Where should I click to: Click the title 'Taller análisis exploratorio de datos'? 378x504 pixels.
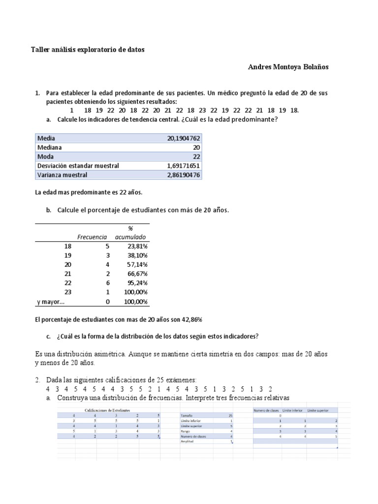tap(88, 50)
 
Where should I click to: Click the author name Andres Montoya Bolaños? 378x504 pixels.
tap(287, 67)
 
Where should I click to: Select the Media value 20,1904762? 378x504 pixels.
tap(184, 138)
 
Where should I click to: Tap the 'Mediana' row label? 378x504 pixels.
tap(50, 147)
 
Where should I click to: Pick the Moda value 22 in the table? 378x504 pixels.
tap(195, 157)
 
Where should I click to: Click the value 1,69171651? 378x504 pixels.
tap(184, 166)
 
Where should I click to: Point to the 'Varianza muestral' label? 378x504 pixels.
tap(62, 175)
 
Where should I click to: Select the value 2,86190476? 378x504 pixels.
tap(184, 175)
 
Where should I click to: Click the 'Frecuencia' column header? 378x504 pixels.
tap(92, 237)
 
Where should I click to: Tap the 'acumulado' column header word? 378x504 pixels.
tap(130, 237)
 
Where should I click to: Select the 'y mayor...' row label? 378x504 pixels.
tap(50, 302)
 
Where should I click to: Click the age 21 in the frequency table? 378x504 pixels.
tap(68, 274)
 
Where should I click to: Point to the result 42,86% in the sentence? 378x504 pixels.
tap(189, 319)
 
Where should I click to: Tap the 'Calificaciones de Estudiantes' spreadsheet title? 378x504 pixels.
tap(108, 409)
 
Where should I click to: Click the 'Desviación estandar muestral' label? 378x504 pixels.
tap(78, 166)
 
